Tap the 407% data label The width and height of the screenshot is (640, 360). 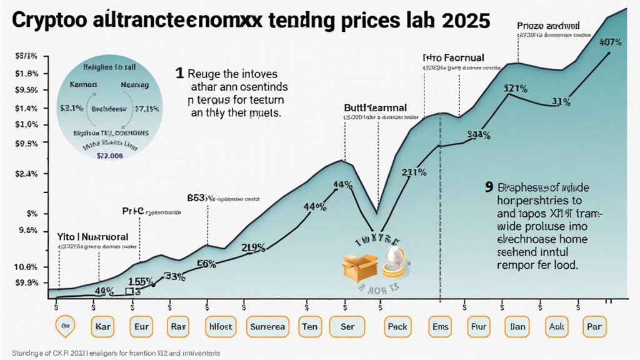pyautogui.click(x=609, y=42)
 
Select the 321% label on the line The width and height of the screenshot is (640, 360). pyautogui.click(x=516, y=88)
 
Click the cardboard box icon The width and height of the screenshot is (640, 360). pyautogui.click(x=360, y=267)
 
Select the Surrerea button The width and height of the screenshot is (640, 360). pyautogui.click(x=267, y=326)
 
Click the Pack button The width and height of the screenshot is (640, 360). pyautogui.click(x=397, y=326)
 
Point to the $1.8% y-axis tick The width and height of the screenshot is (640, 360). pyautogui.click(x=26, y=73)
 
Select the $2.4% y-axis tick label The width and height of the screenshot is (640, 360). pyautogui.click(x=26, y=174)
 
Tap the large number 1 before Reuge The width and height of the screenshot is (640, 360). pyautogui.click(x=180, y=73)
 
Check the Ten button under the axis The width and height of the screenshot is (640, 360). pyautogui.click(x=309, y=326)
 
